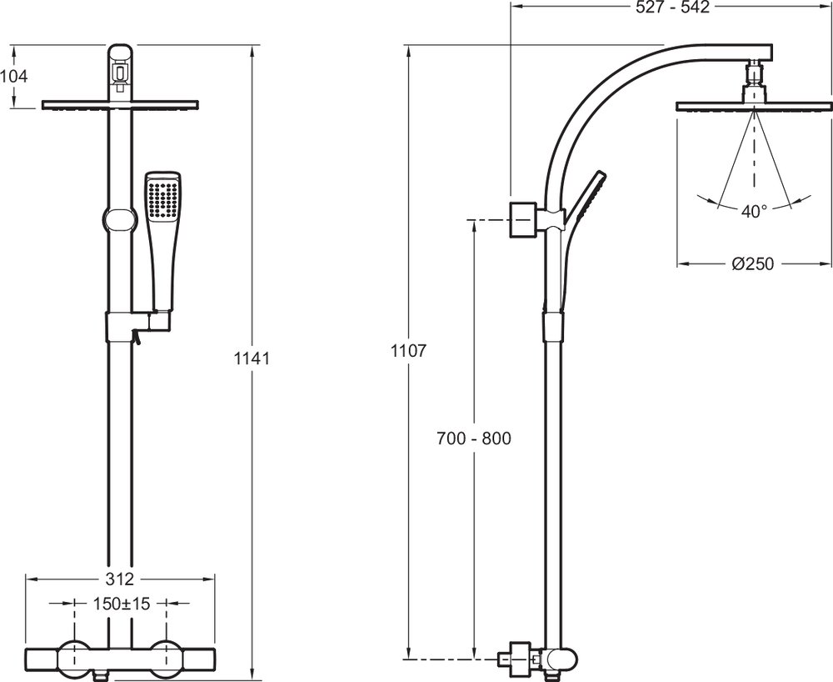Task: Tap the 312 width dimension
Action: [x=121, y=579]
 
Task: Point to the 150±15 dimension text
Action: [x=121, y=604]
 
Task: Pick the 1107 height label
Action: [x=408, y=351]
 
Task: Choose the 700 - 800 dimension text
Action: [x=474, y=439]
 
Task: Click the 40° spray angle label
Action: [x=754, y=212]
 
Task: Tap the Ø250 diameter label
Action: [x=753, y=263]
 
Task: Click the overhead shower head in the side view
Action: [x=754, y=106]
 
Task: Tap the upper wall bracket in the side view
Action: [x=522, y=218]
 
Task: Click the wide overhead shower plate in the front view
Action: [x=121, y=105]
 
